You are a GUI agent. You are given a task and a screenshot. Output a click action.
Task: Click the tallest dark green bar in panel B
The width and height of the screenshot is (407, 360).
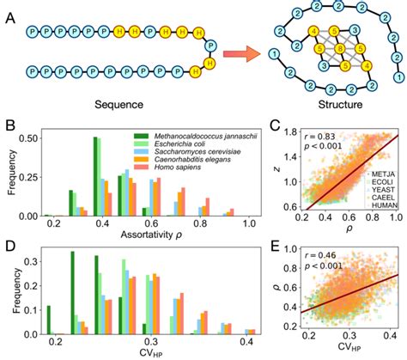[95, 176]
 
